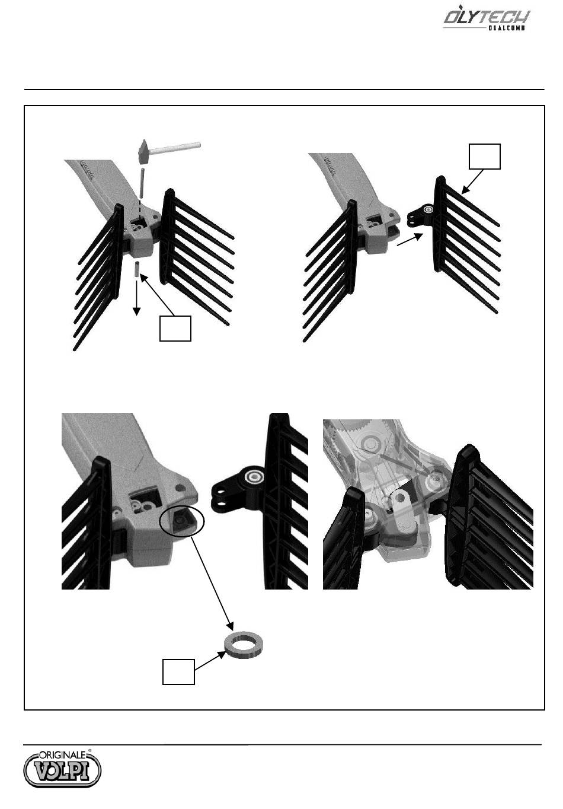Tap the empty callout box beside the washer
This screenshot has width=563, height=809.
(x=178, y=672)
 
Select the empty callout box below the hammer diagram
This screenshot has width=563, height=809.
(x=175, y=329)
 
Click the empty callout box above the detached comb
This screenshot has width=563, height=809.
(x=485, y=157)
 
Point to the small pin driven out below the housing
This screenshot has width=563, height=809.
(x=137, y=269)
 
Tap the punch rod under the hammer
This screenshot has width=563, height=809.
(x=142, y=182)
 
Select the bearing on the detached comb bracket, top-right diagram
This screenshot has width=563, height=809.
(x=428, y=209)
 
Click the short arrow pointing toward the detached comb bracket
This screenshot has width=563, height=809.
(x=410, y=240)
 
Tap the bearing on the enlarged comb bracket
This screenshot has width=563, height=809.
(x=254, y=477)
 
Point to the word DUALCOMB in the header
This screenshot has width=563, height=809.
(x=506, y=28)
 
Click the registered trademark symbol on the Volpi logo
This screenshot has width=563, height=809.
(x=89, y=750)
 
